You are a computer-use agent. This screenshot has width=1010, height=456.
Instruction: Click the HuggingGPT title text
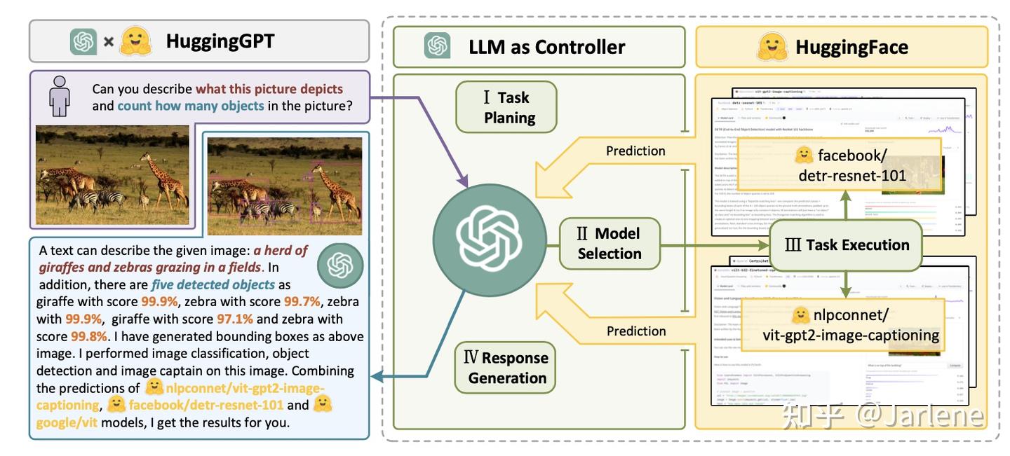tap(220, 41)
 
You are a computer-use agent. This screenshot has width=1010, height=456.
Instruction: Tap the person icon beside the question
tap(60, 97)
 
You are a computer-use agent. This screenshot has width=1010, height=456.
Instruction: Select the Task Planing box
tap(506, 107)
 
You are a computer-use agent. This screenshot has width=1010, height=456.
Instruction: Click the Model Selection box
tap(609, 243)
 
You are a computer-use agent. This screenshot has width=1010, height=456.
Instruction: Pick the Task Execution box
tap(847, 245)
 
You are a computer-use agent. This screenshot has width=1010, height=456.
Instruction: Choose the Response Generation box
tap(506, 368)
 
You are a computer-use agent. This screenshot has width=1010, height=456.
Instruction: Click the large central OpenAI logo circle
tap(490, 238)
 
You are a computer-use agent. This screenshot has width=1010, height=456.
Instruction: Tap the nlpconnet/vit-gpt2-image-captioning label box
tap(850, 324)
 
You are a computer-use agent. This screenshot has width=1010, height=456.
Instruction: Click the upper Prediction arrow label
tap(635, 151)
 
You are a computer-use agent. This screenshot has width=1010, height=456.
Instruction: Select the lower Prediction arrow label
tap(635, 331)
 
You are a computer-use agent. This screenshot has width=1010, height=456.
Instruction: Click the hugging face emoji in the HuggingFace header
tap(772, 47)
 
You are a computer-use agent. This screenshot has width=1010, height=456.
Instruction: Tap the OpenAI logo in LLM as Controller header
tap(438, 47)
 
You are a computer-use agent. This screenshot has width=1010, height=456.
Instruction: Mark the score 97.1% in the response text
tap(234, 319)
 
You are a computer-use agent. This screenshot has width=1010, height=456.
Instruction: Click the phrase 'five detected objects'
tap(213, 284)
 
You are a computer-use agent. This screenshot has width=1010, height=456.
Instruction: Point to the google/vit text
tap(67, 422)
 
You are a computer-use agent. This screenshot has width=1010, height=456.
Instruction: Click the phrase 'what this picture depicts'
tap(269, 89)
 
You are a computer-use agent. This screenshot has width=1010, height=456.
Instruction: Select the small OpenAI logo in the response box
tap(340, 265)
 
